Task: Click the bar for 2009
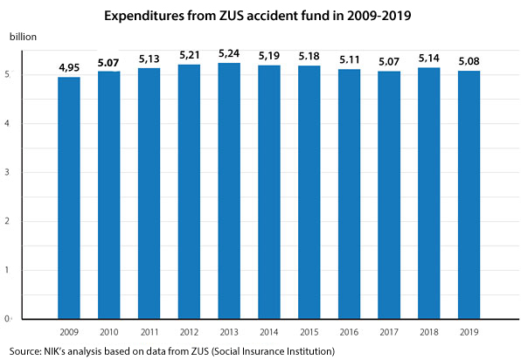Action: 69,197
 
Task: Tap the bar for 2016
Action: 350,194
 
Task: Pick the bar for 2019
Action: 469,195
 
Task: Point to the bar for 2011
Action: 149,193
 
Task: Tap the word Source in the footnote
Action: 21,351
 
